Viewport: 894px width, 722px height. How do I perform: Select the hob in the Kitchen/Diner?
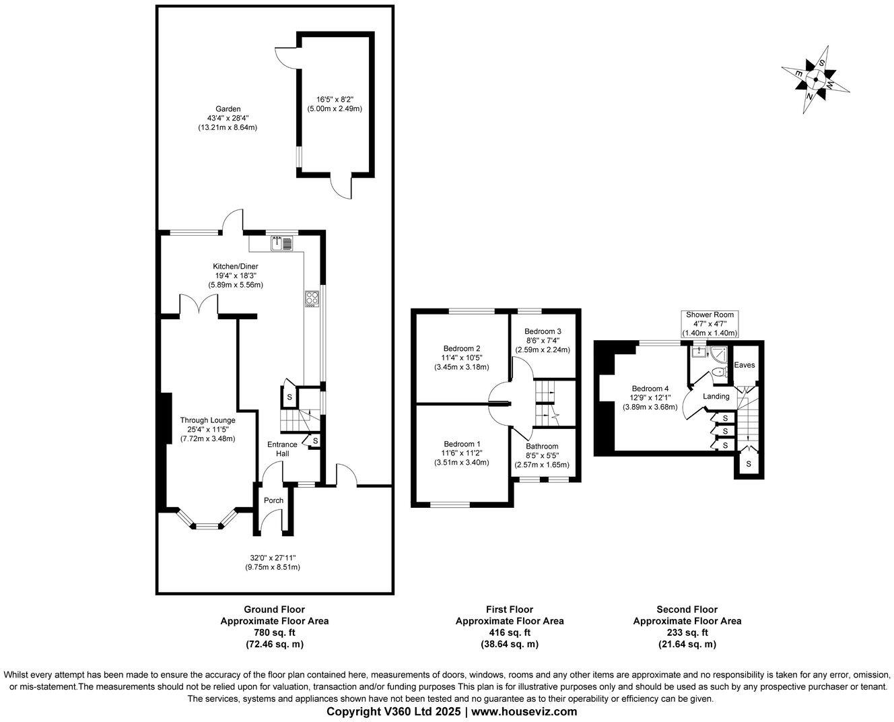[x=312, y=298]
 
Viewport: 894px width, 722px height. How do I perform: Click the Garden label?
[x=228, y=109]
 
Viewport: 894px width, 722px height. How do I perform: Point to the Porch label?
[x=273, y=500]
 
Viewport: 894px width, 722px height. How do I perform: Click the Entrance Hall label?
[x=282, y=449]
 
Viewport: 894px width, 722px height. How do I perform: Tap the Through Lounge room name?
[x=207, y=420]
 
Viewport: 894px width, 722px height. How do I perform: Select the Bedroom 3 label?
[x=543, y=331]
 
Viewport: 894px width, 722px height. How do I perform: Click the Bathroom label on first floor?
[x=542, y=447]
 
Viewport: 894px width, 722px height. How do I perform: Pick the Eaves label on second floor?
[x=745, y=365]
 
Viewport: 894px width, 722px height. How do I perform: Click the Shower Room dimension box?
[x=710, y=324]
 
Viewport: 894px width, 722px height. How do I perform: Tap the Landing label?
[x=716, y=397]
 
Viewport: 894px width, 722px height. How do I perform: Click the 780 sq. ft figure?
[x=274, y=632]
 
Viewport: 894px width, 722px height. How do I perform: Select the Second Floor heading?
[x=687, y=610]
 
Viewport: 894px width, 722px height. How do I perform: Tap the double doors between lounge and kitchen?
[x=199, y=307]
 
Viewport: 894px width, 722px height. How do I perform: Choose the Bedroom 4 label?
[x=650, y=389]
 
